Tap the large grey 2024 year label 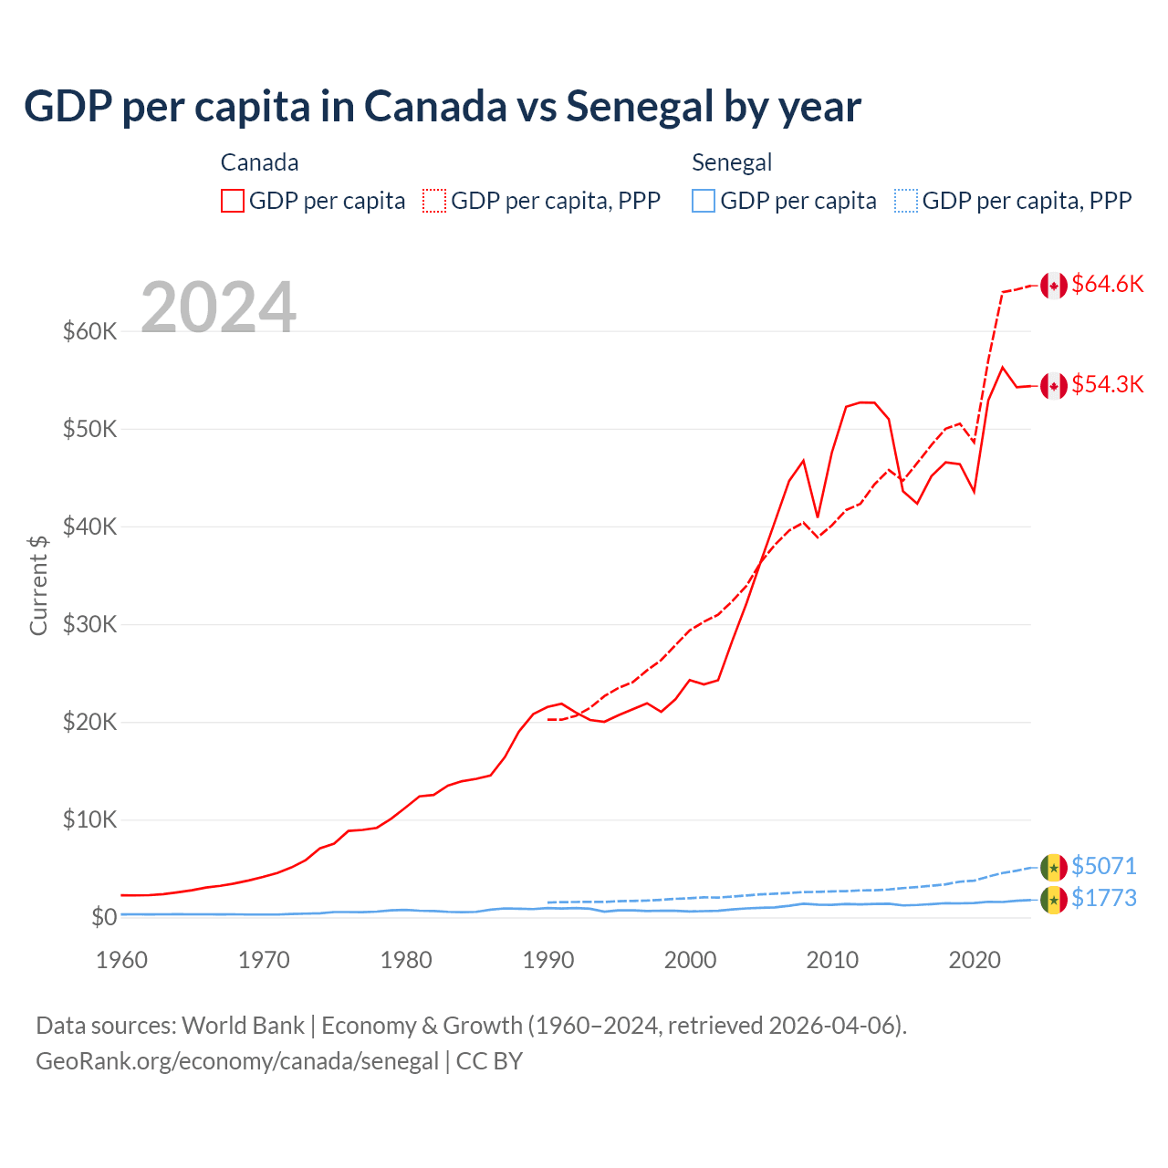218,308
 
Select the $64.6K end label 1107,284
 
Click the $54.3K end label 1107,384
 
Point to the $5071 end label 1103,865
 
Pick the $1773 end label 1103,898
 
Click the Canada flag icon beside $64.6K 1054,286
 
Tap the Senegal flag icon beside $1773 1054,901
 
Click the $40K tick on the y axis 90,527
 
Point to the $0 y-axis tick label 104,917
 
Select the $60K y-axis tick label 90,331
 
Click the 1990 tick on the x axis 548,960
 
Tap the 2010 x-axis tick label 832,960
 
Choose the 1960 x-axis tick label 122,960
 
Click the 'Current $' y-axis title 38,585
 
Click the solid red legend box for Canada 233,201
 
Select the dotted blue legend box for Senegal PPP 906,201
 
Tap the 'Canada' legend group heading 259,162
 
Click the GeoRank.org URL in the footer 237,1061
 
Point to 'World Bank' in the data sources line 243,1026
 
